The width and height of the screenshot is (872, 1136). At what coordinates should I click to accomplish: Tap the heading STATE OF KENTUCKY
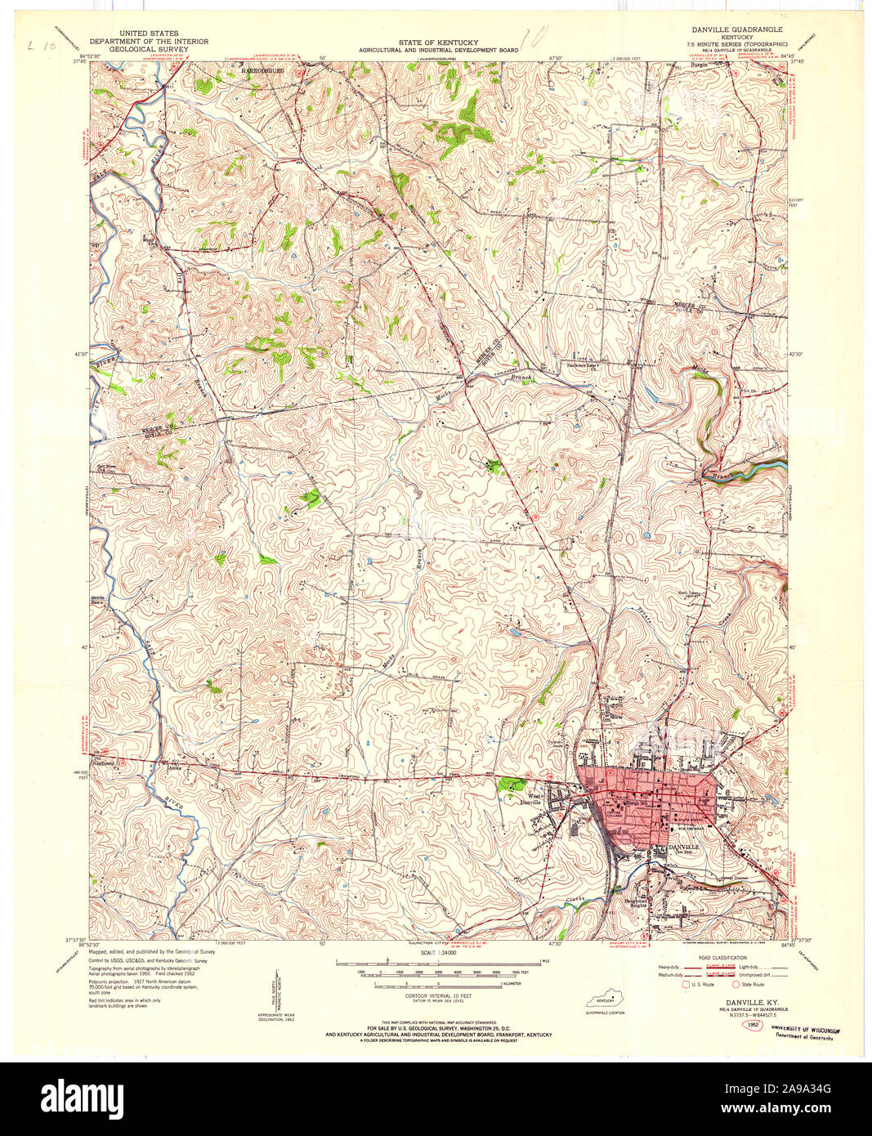coord(438,42)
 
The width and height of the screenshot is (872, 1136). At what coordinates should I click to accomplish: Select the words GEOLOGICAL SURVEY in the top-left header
coord(148,49)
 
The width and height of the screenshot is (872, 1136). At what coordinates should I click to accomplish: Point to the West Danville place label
coord(534,799)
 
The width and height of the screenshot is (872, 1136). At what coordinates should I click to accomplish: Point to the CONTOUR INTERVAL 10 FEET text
coord(438,996)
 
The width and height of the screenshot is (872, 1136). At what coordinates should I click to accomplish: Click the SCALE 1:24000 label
coord(438,953)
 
